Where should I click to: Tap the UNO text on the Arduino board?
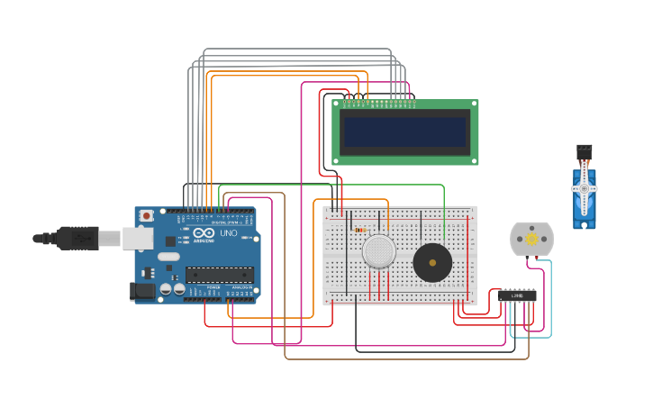click(229, 233)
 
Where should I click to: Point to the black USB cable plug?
click(77, 238)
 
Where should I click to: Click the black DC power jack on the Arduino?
click(141, 290)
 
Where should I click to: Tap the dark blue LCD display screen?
click(405, 132)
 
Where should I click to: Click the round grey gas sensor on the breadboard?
click(379, 251)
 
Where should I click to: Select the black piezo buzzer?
click(432, 262)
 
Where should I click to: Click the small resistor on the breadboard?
click(361, 230)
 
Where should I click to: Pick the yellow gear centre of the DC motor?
click(531, 240)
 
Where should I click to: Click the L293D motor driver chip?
click(517, 295)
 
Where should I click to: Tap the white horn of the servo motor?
click(585, 187)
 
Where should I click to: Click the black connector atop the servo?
click(585, 150)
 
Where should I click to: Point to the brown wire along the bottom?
click(405, 358)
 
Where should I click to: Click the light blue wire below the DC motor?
click(551, 306)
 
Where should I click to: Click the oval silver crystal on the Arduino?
click(168, 257)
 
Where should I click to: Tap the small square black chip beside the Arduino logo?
click(170, 240)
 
